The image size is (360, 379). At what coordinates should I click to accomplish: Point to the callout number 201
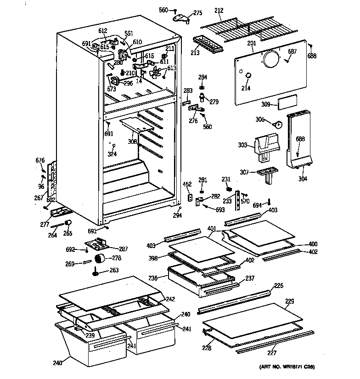click(x=251, y=44)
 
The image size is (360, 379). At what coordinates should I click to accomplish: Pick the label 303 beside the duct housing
click(x=243, y=146)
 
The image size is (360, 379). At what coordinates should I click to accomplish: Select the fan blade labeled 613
click(x=159, y=73)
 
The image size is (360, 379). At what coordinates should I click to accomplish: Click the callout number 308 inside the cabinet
click(x=132, y=142)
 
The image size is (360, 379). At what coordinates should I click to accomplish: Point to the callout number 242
click(x=170, y=299)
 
